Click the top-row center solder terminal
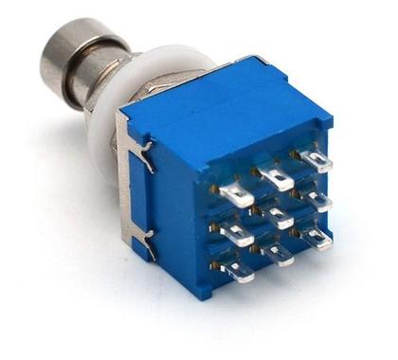(x=275, y=175)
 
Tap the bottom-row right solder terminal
(x=317, y=236)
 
